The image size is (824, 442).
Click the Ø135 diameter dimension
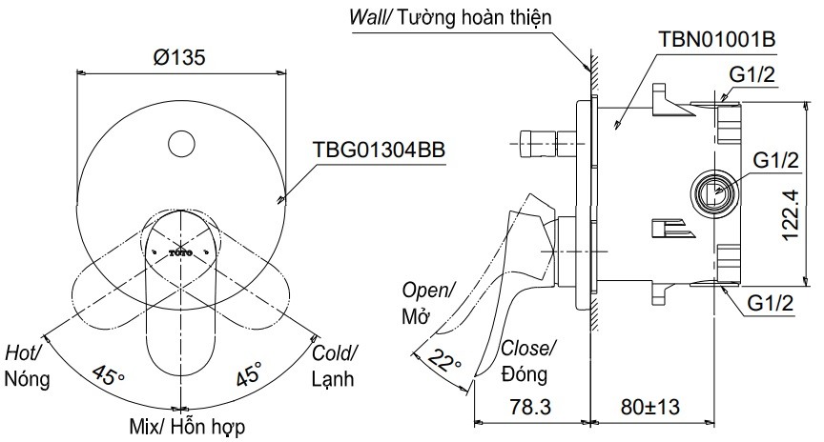point(179,56)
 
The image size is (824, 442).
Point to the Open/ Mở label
point(429,301)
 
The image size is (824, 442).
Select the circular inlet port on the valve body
point(712,191)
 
